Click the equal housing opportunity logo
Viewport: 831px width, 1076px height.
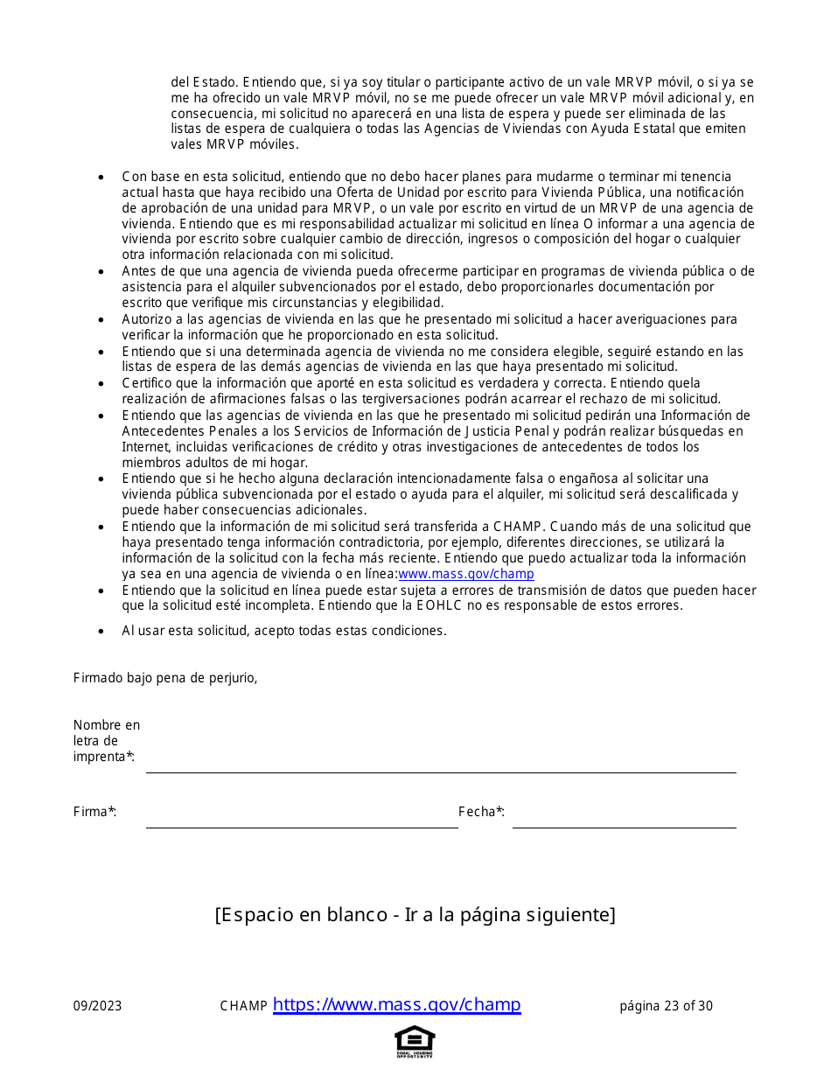415,1041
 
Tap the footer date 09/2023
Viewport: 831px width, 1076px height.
97,1006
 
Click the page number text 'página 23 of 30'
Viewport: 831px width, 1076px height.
666,1006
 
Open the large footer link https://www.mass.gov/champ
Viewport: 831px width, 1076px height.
396,1004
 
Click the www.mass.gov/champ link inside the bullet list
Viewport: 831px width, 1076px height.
466,575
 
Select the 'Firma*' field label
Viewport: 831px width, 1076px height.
94,812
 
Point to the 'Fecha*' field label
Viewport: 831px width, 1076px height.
481,812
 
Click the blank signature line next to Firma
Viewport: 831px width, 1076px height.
301,821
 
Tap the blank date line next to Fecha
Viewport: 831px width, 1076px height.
624,821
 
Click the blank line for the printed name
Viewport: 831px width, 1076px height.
440,765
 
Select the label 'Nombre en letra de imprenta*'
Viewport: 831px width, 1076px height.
106,741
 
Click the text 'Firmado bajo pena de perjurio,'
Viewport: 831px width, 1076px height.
165,678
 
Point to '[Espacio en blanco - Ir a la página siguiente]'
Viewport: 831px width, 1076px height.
415,915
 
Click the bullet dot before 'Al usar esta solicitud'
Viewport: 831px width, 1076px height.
102,632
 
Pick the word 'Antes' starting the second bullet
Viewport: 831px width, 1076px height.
139,271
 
